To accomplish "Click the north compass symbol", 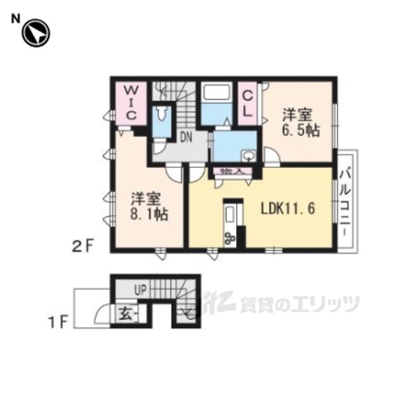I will tap(35, 34).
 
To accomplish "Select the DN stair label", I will tap(185, 135).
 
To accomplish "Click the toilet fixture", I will tap(162, 116).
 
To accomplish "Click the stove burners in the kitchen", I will tap(230, 238).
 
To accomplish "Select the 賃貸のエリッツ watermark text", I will tap(299, 305).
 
